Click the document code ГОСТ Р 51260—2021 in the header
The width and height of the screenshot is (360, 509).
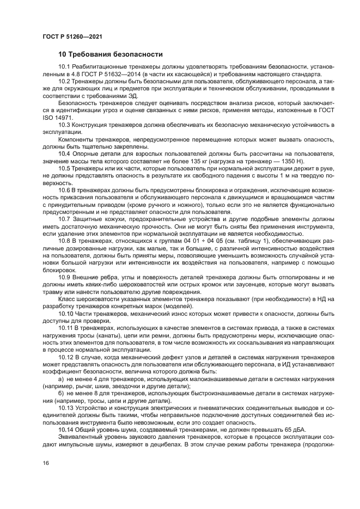click(x=72, y=36)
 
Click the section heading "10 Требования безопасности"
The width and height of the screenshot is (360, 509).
click(x=111, y=55)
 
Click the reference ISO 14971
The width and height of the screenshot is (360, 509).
click(x=59, y=117)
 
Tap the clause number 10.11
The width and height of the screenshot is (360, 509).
click(x=66, y=329)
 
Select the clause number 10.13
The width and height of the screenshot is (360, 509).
click(x=66, y=410)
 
